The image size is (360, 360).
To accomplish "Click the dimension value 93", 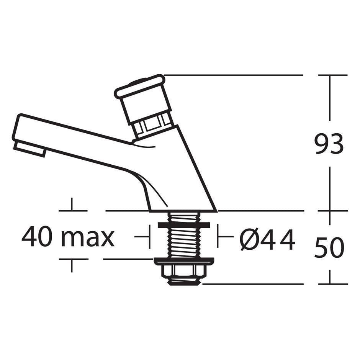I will coord(329,144).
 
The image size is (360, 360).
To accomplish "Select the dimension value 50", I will coord(329,248).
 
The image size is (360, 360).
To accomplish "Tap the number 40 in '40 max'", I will coord(37,237).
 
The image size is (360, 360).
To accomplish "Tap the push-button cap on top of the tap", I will coord(140,86).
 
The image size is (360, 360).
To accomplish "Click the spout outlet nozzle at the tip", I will coord(29,149).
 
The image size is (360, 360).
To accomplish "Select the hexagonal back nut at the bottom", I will coord(183,271).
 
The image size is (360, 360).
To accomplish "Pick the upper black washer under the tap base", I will coord(183,225).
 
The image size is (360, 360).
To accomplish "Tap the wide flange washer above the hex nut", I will coord(183,261).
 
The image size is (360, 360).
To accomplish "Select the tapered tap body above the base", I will coord(180,172).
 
